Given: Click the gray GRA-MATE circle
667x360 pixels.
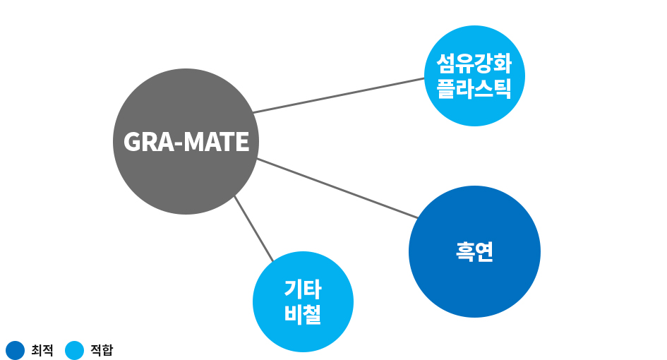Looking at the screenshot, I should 186,176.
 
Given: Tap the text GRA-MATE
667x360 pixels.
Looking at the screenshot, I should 186,143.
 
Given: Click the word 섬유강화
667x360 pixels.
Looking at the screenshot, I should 474,66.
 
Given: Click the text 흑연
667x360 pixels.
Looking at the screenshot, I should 474,252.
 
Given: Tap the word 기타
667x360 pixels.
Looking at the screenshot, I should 303,289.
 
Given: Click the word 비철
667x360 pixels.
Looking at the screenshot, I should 303,314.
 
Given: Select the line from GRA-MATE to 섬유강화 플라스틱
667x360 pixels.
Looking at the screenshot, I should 339,95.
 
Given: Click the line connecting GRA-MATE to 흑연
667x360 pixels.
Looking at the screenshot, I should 335,188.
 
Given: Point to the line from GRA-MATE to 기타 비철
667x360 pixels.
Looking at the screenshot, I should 253,228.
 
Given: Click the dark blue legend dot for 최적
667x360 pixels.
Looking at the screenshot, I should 15,350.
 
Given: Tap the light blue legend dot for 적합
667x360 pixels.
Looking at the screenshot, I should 74,350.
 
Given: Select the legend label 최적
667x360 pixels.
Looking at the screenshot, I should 42,350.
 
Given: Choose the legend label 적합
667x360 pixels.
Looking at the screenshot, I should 102,350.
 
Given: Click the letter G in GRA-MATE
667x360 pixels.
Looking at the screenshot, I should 132,143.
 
